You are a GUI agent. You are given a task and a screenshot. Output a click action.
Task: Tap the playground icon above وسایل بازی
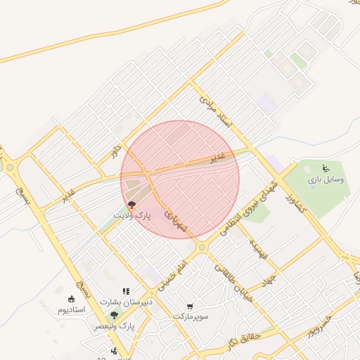click(x=326, y=169)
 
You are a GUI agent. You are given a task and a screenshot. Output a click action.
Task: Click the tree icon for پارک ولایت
click(x=132, y=205)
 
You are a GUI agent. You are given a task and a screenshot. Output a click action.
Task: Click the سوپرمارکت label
click(x=192, y=317)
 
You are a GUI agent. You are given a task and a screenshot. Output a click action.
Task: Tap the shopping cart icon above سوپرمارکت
click(x=191, y=306)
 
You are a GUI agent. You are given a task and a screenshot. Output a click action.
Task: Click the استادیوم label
click(x=71, y=309)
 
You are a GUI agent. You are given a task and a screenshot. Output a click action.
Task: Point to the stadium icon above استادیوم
click(x=71, y=298)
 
